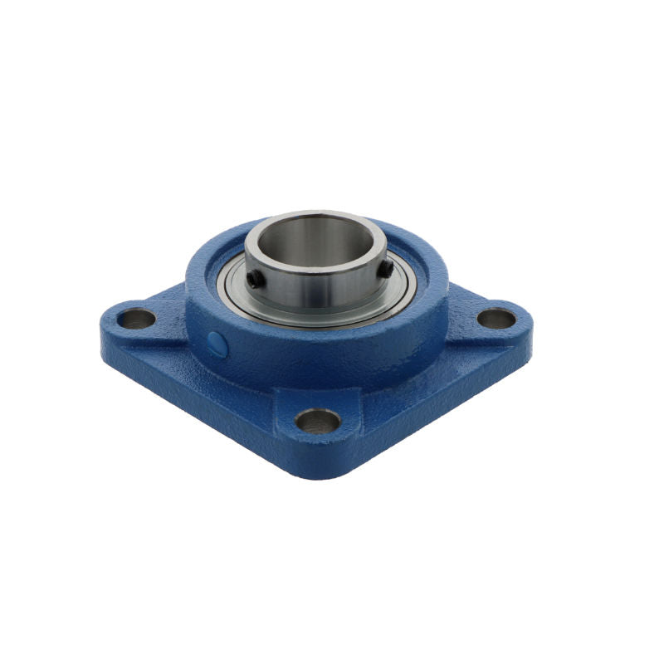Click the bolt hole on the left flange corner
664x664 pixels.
tap(137, 319)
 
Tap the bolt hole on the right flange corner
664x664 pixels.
tap(496, 318)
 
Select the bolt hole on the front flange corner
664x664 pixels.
tap(318, 421)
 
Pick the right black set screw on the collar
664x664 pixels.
tap(387, 269)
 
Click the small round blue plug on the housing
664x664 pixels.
tap(216, 343)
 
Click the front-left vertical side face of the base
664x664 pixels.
tap(191, 407)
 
